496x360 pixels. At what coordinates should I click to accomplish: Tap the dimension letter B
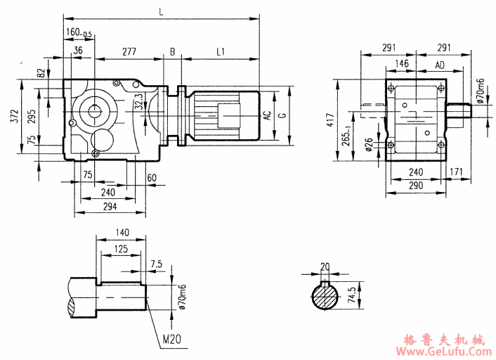click(x=172, y=51)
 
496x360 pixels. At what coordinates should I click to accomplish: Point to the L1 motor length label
click(x=221, y=51)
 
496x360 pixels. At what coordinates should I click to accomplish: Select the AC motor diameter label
click(x=267, y=115)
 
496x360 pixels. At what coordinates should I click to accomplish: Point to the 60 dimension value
click(x=152, y=177)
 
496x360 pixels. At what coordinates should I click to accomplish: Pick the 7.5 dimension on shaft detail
click(x=156, y=264)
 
